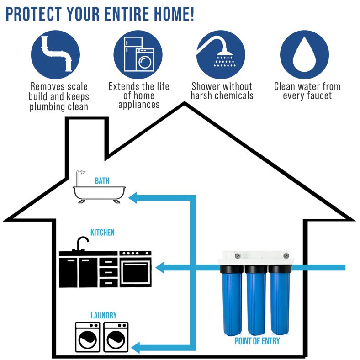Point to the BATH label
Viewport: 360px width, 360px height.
point(102,181)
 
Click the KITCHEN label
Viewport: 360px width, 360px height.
point(102,233)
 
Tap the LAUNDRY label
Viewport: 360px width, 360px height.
point(103,315)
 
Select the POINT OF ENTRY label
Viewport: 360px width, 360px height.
point(257,341)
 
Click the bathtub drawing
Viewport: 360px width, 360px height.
point(99,193)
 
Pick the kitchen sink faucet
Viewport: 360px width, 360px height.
point(81,244)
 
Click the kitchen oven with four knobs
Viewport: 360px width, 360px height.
point(135,268)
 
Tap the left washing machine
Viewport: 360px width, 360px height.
point(87,337)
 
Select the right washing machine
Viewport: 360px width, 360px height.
point(116,337)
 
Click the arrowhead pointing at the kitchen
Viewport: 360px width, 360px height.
point(163,267)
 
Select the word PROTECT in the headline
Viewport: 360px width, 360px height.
point(32,14)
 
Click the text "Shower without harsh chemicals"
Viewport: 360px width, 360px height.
point(222,91)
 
